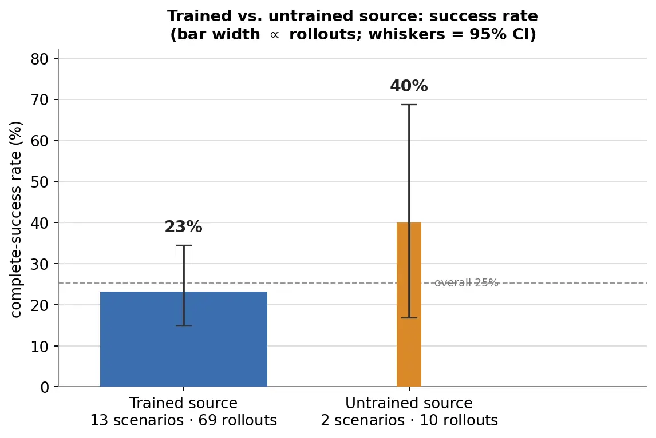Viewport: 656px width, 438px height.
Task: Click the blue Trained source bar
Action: click(184, 339)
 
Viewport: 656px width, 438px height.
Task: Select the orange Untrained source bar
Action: click(409, 304)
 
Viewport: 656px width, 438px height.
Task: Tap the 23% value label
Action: click(183, 227)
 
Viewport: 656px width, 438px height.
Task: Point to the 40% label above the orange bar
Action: click(409, 86)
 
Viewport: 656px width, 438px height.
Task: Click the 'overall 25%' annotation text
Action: click(467, 283)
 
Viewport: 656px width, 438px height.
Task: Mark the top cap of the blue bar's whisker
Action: click(184, 245)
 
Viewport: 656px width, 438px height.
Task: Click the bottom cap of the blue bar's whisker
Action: click(184, 325)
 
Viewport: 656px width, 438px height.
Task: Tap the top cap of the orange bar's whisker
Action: click(409, 105)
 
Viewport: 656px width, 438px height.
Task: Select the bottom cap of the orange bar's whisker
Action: click(409, 318)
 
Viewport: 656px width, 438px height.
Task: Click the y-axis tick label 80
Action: click(39, 59)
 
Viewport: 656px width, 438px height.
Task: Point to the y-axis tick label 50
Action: click(39, 182)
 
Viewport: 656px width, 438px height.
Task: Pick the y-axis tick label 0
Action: click(44, 388)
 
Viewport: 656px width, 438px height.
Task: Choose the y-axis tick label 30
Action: click(39, 264)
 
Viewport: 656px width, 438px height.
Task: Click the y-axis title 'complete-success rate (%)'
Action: click(15, 220)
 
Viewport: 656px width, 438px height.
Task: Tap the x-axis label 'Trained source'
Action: click(183, 403)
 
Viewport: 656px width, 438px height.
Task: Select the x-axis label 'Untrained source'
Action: click(409, 403)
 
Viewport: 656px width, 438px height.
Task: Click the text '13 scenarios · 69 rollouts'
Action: click(184, 420)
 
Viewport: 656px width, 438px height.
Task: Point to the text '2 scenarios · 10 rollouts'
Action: click(409, 420)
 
